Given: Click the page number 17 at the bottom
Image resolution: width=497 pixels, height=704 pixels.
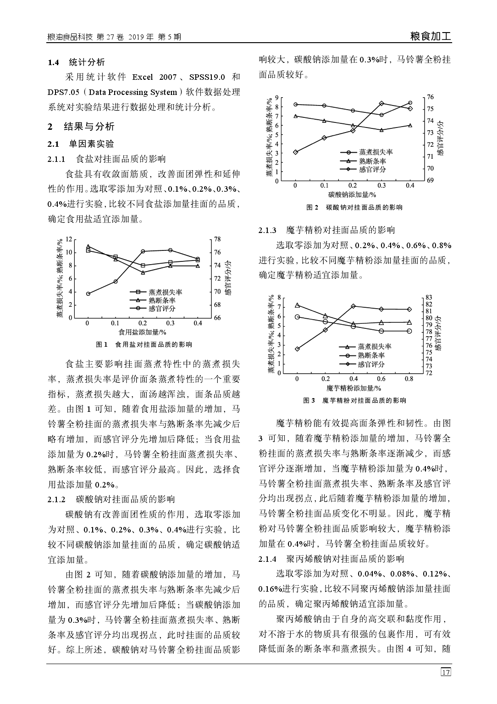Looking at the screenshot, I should coord(446,672).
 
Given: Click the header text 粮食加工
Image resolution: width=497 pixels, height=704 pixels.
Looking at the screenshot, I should coord(431,37).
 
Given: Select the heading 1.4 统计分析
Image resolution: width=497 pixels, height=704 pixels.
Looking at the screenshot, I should coord(77,62).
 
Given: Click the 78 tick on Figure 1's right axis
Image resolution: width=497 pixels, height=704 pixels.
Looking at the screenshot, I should coord(217,239).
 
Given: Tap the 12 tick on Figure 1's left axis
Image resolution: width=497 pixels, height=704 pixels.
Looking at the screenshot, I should coord(69,239).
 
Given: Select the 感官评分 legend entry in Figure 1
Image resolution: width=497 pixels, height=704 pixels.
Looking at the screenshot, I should coord(162,308).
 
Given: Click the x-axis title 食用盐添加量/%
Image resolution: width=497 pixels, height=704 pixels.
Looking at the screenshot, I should coord(142,332).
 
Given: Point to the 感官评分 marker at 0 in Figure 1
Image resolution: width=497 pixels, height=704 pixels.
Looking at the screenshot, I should coord(88,294).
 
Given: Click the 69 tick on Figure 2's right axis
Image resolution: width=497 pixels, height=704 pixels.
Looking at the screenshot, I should coord(430,181).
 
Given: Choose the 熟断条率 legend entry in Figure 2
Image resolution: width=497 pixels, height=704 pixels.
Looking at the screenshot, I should coord(372,161).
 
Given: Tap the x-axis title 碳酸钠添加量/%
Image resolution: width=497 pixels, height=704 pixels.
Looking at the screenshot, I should coord(352,194).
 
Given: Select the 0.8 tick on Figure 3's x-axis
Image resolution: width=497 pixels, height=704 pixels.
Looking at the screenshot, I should coord(409,379).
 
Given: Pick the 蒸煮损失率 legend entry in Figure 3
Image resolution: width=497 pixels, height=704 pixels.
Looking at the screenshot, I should coord(375,347).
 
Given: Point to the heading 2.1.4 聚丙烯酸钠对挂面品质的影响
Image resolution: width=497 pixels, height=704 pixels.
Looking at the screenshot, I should coord(331,559).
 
